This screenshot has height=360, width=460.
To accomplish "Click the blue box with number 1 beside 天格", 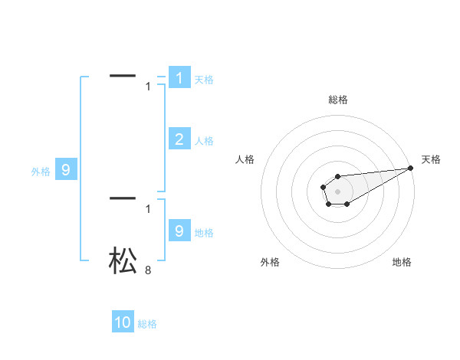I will (179, 78).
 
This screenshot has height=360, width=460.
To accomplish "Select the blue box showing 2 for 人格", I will (179, 139).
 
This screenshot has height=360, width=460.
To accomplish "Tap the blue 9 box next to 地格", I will (179, 231).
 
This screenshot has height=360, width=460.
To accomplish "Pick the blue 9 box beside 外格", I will (66, 170).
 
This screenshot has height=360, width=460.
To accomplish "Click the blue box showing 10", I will (123, 322).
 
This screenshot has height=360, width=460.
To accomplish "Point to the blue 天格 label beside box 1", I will (204, 80).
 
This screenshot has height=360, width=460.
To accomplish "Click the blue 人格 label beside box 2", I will (204, 141).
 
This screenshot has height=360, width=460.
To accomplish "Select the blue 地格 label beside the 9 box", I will (204, 233).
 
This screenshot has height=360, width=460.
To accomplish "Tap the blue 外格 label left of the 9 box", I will (41, 172).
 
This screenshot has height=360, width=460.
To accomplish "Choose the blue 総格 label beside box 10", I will (147, 324).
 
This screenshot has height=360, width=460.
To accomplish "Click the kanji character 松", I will (123, 260).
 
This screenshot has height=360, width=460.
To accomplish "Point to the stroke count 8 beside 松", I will (148, 270).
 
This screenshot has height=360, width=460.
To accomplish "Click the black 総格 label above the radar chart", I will (338, 100).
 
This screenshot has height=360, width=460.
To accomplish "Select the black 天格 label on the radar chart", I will (431, 159).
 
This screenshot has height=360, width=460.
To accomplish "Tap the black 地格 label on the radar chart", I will (402, 262).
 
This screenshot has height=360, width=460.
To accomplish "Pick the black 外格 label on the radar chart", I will (270, 262).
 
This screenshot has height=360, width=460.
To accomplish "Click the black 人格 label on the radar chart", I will (245, 159).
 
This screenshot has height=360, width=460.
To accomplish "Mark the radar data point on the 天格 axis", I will (411, 168).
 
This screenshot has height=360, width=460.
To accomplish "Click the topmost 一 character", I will (123, 75).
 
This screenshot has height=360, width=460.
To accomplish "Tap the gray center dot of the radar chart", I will (337, 191).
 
